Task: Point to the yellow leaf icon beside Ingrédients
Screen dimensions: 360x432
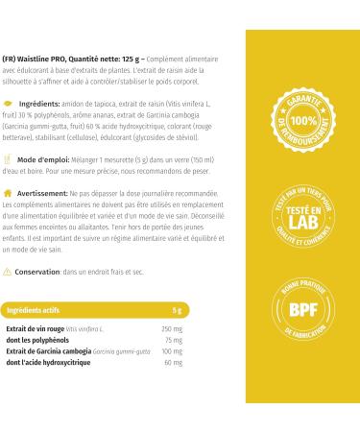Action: (10, 101)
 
